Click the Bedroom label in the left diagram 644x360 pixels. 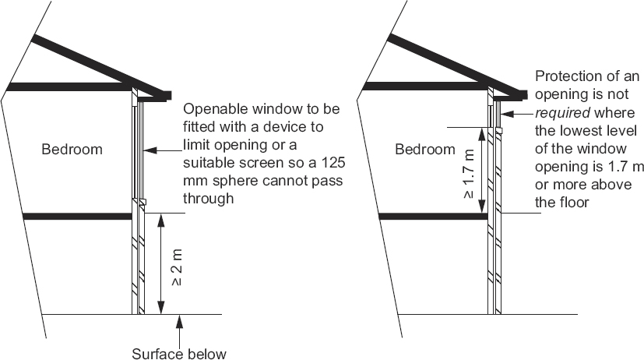(x=72, y=149)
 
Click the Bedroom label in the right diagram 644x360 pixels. (x=424, y=149)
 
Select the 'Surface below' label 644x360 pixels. (x=178, y=354)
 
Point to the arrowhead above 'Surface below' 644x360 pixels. (x=180, y=319)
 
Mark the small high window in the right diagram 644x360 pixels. (x=496, y=115)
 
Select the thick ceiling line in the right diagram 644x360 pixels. (x=424, y=86)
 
